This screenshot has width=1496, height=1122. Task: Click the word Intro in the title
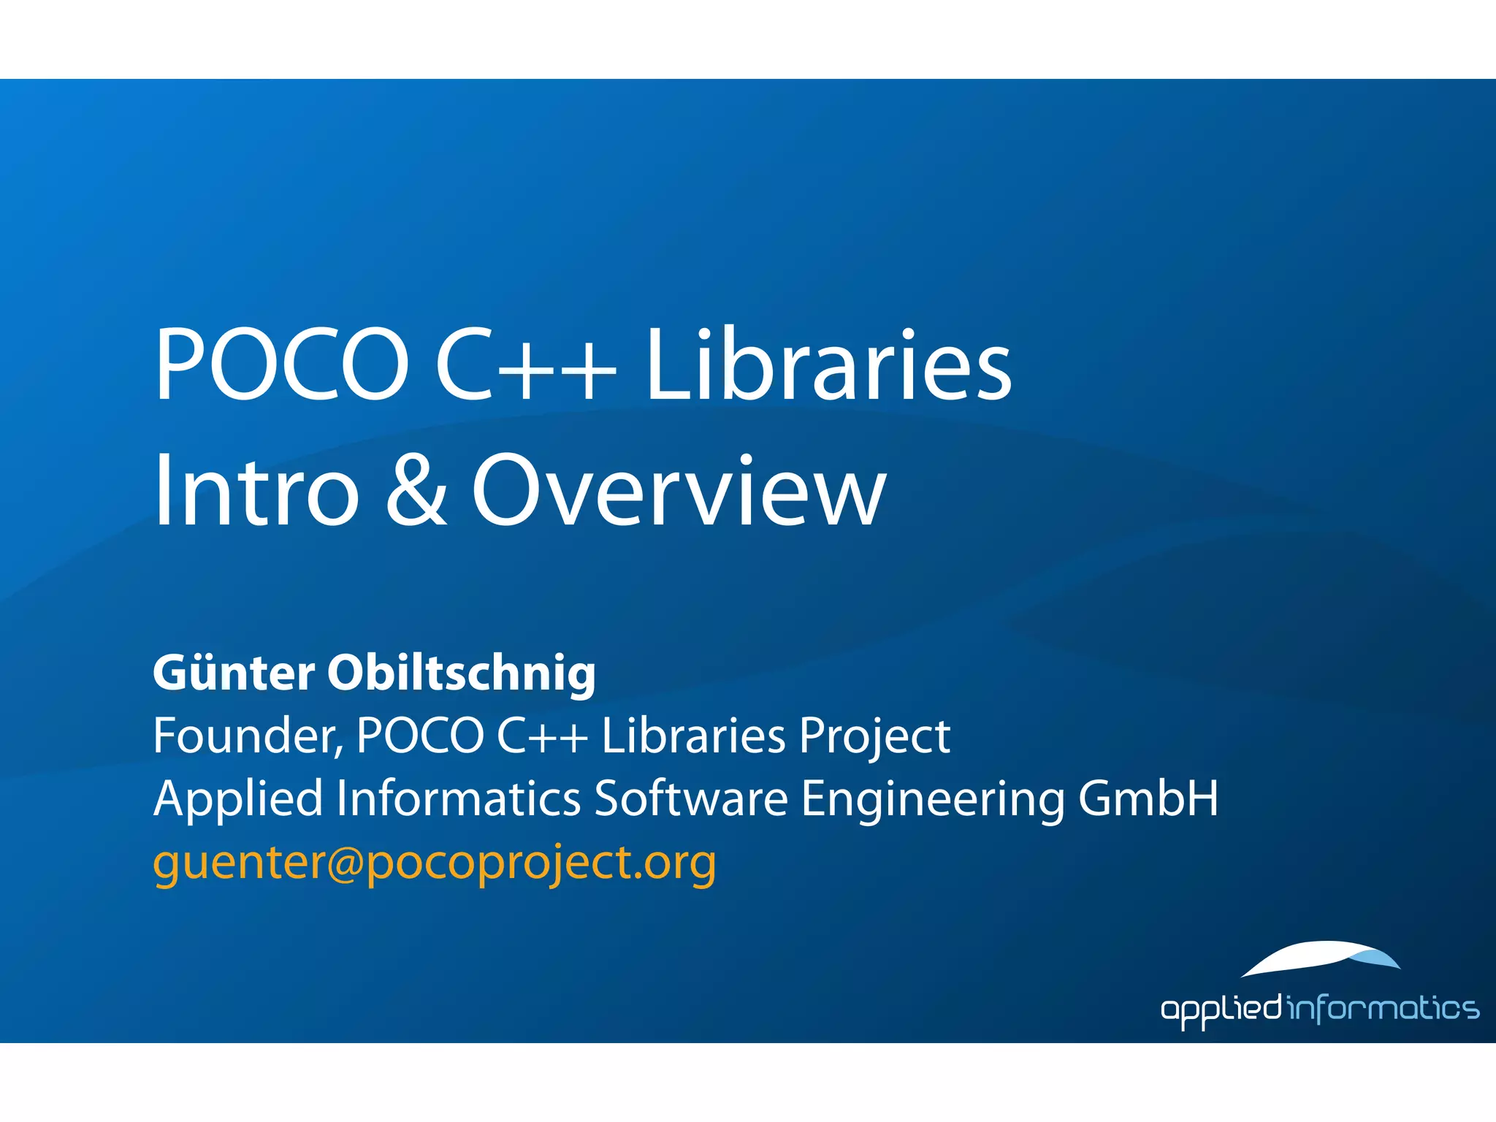click(256, 490)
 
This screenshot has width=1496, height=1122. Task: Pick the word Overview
click(679, 490)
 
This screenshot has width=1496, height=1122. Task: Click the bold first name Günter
click(234, 673)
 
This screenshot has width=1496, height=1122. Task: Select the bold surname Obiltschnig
click(462, 674)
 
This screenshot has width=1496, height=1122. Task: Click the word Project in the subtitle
click(874, 737)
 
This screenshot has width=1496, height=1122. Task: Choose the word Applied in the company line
click(238, 799)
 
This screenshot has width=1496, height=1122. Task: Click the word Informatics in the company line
click(459, 798)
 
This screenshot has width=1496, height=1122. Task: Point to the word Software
click(691, 798)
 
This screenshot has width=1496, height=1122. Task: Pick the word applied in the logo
click(1221, 1010)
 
